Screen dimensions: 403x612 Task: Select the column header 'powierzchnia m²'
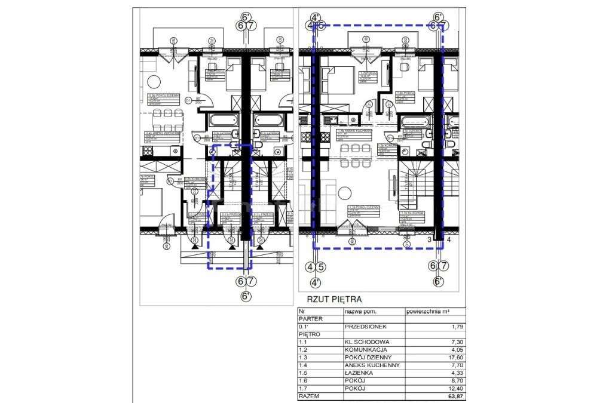[x=427, y=312]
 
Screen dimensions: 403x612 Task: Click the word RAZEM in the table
[x=308, y=396]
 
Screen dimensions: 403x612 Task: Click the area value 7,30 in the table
[x=457, y=343]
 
